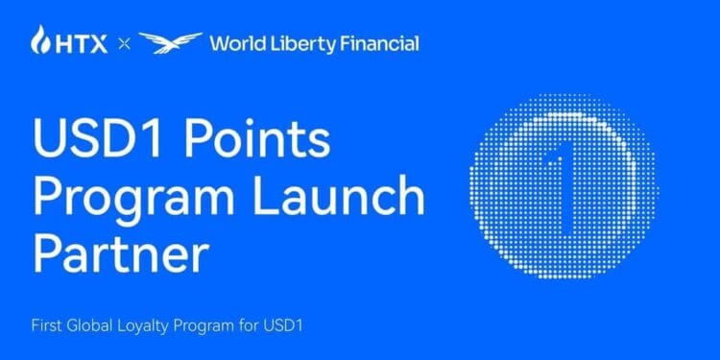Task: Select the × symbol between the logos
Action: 122,43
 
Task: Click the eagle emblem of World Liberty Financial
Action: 170,42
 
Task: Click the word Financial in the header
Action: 379,43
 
